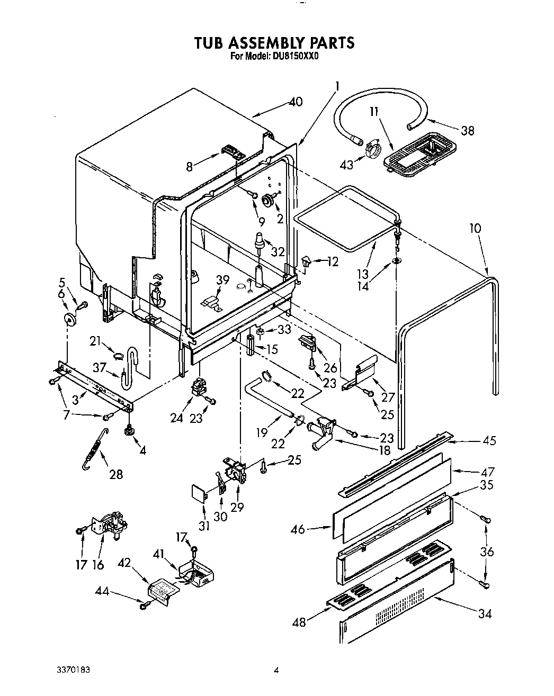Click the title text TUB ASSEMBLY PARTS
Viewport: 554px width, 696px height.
[274, 42]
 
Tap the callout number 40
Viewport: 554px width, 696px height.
[296, 102]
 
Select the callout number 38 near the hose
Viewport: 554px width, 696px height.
[467, 130]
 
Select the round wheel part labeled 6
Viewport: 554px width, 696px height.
[69, 318]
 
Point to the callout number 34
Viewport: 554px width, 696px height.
[484, 614]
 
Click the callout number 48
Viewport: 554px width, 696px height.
[299, 622]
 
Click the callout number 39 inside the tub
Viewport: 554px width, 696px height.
[223, 281]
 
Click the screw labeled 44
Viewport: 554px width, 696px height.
[142, 604]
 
